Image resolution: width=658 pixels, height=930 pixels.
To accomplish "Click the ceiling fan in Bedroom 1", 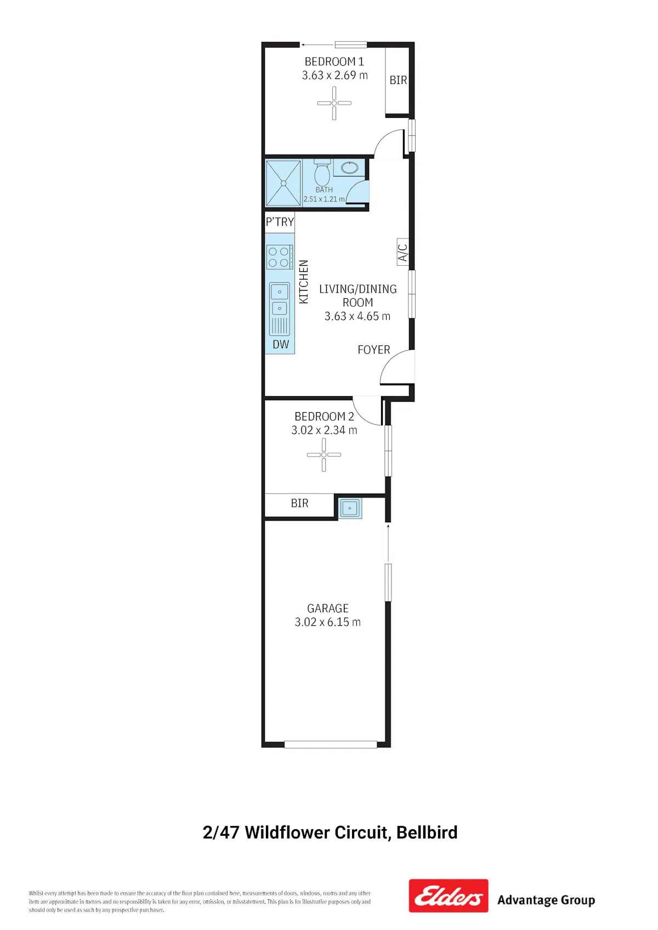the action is click(x=334, y=103).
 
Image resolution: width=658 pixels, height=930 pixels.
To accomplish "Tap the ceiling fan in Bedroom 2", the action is click(x=324, y=455).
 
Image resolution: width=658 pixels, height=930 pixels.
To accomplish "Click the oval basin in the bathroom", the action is click(x=350, y=168).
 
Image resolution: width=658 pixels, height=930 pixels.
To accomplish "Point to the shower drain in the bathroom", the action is click(x=283, y=182).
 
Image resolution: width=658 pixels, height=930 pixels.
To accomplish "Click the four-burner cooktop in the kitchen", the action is click(x=280, y=257).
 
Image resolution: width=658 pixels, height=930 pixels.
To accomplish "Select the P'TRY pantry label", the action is click(x=280, y=222).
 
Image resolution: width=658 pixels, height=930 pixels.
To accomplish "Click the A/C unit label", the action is click(x=402, y=252).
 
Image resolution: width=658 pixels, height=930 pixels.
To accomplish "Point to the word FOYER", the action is click(x=374, y=350).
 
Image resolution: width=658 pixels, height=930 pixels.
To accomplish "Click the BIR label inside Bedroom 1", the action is click(x=398, y=80).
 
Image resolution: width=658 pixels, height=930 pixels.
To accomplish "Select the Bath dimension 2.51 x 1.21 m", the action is click(x=324, y=199).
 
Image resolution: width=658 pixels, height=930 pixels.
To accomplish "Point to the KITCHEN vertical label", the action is click(x=304, y=282).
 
